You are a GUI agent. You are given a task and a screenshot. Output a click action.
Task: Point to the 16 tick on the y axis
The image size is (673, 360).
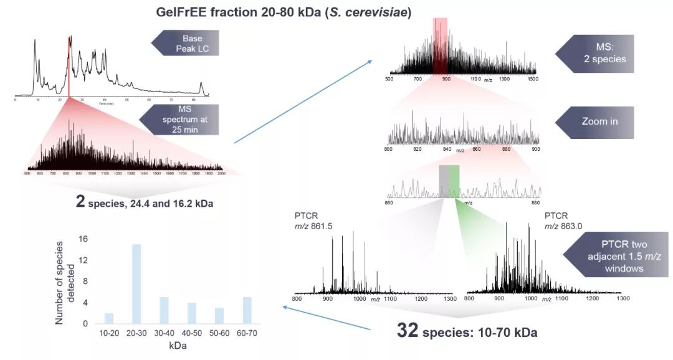[84, 239]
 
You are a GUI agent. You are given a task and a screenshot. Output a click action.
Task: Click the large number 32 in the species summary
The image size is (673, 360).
[409, 330]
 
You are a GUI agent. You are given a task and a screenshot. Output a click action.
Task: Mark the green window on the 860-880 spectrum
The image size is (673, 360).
[454, 181]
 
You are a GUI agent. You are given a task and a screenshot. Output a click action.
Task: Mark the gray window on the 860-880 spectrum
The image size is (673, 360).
[444, 181]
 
